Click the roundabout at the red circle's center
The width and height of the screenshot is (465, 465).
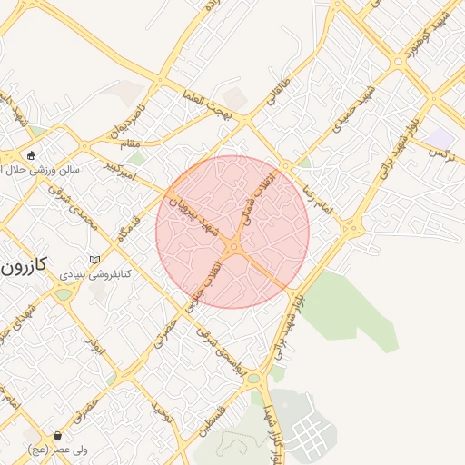pos(234,245)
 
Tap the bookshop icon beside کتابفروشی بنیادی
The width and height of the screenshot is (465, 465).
pos(94,261)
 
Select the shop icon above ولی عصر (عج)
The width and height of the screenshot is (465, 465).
pos(58,436)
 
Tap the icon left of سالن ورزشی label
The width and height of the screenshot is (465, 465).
pos(33,155)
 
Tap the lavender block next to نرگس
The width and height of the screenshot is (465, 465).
pos(442,136)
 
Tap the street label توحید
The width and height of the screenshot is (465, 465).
pos(163,415)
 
